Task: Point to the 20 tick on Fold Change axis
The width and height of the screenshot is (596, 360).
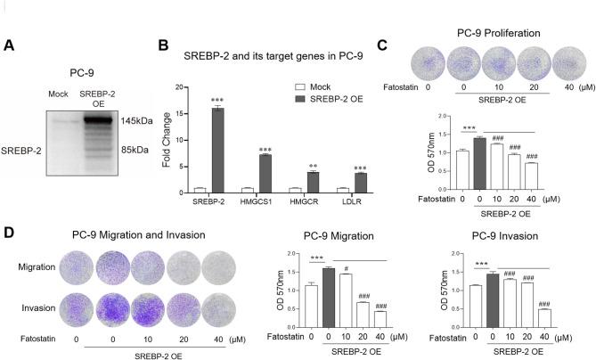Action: tap(205, 88)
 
